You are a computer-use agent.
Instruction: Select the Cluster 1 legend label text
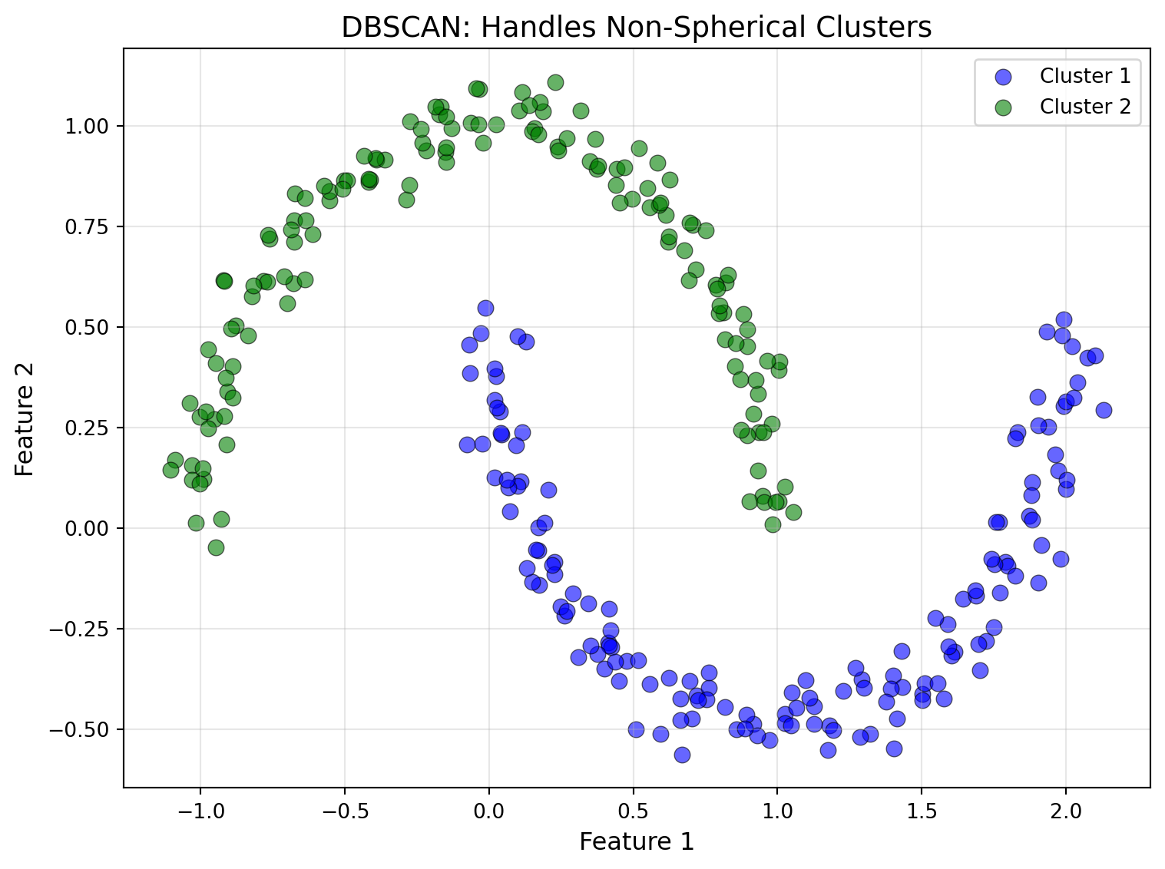[1085, 76]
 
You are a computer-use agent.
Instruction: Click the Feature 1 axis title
[637, 842]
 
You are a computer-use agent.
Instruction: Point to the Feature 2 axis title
[25, 418]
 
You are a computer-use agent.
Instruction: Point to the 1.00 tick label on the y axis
[88, 126]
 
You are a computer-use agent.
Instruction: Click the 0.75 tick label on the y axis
[88, 226]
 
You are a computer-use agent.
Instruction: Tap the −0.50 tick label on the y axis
[82, 729]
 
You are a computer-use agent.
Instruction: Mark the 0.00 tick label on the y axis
[88, 528]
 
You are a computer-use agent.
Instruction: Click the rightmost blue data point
[1104, 410]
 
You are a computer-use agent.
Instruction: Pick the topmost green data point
[555, 82]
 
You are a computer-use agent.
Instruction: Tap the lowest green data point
[216, 547]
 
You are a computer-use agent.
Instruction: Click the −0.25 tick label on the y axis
[82, 629]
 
